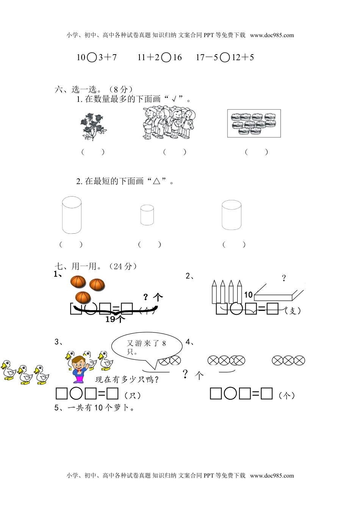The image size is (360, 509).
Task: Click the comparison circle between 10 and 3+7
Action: pyautogui.click(x=92, y=58)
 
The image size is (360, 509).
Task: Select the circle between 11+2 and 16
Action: pyautogui.click(x=166, y=58)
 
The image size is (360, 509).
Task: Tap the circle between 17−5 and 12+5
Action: pyautogui.click(x=225, y=58)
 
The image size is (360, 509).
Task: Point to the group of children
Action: pyautogui.click(x=169, y=122)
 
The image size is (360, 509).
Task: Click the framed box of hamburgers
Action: pyautogui.click(x=254, y=123)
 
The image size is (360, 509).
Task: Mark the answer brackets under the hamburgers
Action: pyautogui.click(x=256, y=152)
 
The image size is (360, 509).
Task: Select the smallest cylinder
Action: pyautogui.click(x=147, y=215)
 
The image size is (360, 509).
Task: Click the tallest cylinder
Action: pyautogui.click(x=72, y=215)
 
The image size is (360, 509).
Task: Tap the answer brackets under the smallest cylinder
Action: pyautogui.click(x=149, y=245)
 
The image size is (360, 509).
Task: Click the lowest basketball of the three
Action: pyautogui.click(x=83, y=297)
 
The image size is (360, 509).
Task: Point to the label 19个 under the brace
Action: pyautogui.click(x=115, y=319)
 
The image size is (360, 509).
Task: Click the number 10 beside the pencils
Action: pyautogui.click(x=248, y=295)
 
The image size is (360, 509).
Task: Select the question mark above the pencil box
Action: pyautogui.click(x=284, y=278)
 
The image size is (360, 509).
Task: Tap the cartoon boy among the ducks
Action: pyautogui.click(x=80, y=370)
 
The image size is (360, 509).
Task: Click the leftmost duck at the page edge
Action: pyautogui.click(x=8, y=370)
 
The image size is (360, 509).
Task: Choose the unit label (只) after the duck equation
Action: pyautogui.click(x=133, y=396)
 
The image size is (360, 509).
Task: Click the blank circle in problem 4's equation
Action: pyautogui.click(x=230, y=393)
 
